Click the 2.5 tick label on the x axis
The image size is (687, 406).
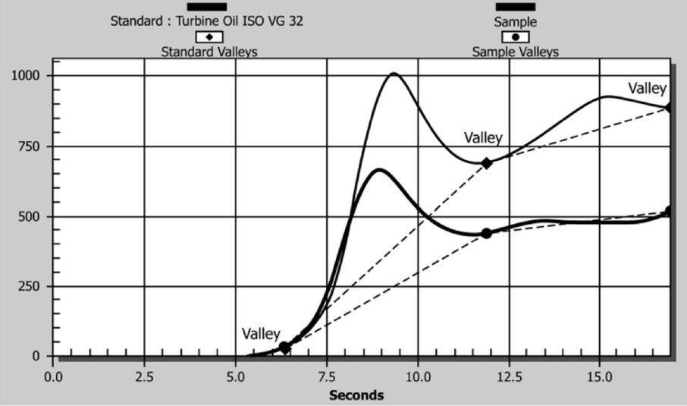click(x=144, y=375)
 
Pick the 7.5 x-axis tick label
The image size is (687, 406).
click(x=327, y=375)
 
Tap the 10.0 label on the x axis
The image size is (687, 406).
click(x=418, y=375)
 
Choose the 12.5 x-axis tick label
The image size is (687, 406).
click(x=509, y=375)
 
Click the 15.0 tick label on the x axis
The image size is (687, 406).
click(x=600, y=375)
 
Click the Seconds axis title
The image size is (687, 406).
click(x=356, y=395)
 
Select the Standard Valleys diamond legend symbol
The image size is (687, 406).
click(x=209, y=36)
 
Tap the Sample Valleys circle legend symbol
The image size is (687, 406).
click(x=516, y=36)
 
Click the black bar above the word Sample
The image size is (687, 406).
click(x=516, y=7)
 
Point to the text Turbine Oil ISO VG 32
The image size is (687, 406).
click(x=240, y=21)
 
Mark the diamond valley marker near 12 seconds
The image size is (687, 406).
click(x=487, y=163)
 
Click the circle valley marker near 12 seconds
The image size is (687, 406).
click(x=486, y=233)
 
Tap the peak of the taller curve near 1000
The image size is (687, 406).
click(x=394, y=74)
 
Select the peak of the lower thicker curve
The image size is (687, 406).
click(x=378, y=169)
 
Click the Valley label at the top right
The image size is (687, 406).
click(x=647, y=89)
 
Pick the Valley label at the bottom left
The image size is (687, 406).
click(x=261, y=334)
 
